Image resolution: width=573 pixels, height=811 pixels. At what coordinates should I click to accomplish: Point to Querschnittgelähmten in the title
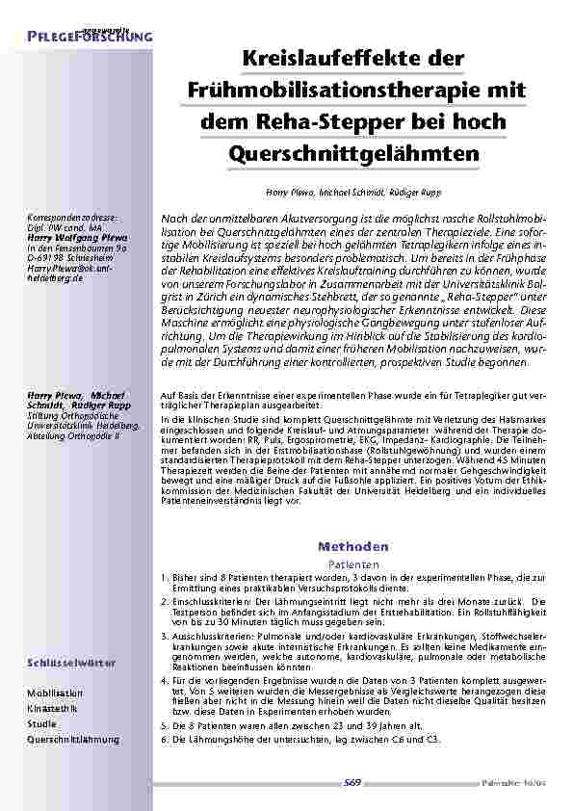pos(355,153)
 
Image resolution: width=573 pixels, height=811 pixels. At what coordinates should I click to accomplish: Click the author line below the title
pos(354,194)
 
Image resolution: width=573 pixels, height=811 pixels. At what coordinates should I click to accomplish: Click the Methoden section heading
pos(354,545)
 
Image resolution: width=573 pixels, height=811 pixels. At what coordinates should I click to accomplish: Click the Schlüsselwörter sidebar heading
pos(72,664)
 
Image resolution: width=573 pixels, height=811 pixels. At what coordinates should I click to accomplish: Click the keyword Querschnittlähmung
pos(73,739)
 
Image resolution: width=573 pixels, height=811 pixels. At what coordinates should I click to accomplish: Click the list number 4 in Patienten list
pos(160,681)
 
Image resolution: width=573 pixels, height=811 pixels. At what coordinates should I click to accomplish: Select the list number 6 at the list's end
pos(160,738)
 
